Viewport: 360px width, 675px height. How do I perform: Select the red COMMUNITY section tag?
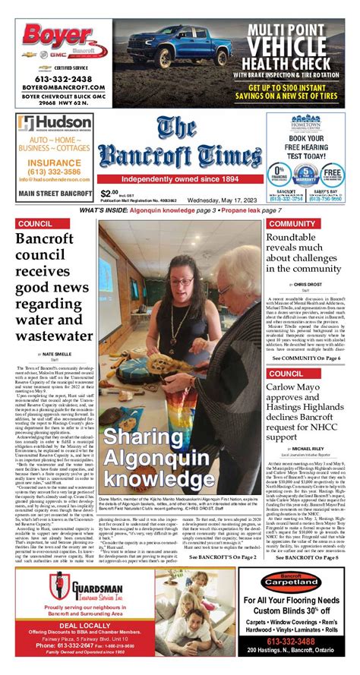292,224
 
